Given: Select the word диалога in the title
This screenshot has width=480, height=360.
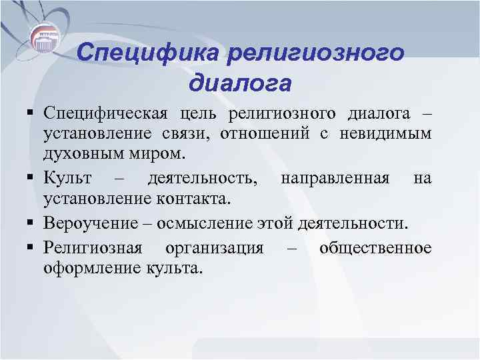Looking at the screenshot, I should click(240, 84).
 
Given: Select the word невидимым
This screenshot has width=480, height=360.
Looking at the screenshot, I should click(391, 134).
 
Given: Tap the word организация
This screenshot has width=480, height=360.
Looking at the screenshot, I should click(213, 248).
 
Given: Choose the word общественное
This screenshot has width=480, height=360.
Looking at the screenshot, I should click(375, 248).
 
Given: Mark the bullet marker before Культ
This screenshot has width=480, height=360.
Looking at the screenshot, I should click(31, 179).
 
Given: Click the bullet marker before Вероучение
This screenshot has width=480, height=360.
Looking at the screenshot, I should click(31, 223).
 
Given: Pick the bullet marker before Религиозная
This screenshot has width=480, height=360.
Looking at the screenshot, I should click(31, 248).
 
